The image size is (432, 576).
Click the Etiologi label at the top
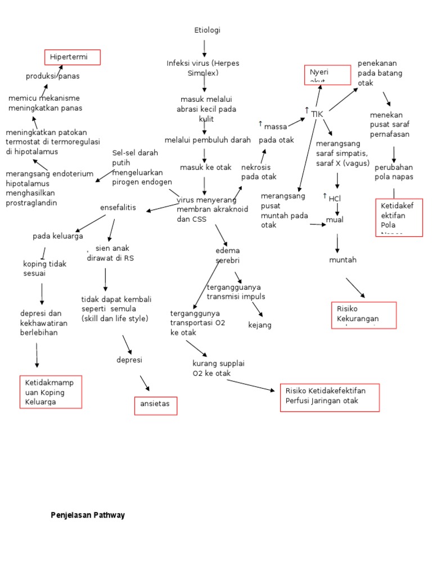coord(207,30)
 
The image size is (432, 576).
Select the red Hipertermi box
coord(73,57)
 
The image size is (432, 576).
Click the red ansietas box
coord(156,406)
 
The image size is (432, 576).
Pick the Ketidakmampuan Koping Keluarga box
coord(51,392)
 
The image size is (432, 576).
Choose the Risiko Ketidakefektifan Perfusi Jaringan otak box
coord(329,398)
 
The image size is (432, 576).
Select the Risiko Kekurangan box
coord(364,314)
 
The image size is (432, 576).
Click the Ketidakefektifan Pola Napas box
coord(399,217)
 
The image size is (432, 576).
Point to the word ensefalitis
coord(118,208)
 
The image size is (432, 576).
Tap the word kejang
coord(260,325)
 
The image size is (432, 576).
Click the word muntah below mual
coord(343,260)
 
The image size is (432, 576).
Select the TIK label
coord(317,114)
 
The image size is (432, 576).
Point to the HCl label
coord(335,198)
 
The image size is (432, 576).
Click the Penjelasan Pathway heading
coord(88,515)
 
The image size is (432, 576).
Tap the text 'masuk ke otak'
coord(205,167)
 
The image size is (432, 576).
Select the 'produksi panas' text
coord(52,76)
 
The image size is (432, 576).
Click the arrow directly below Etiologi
coord(204,47)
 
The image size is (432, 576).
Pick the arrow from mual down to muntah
coord(337,242)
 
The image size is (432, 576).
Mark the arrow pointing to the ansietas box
coord(145,383)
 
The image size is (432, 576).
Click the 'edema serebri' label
coord(227,255)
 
